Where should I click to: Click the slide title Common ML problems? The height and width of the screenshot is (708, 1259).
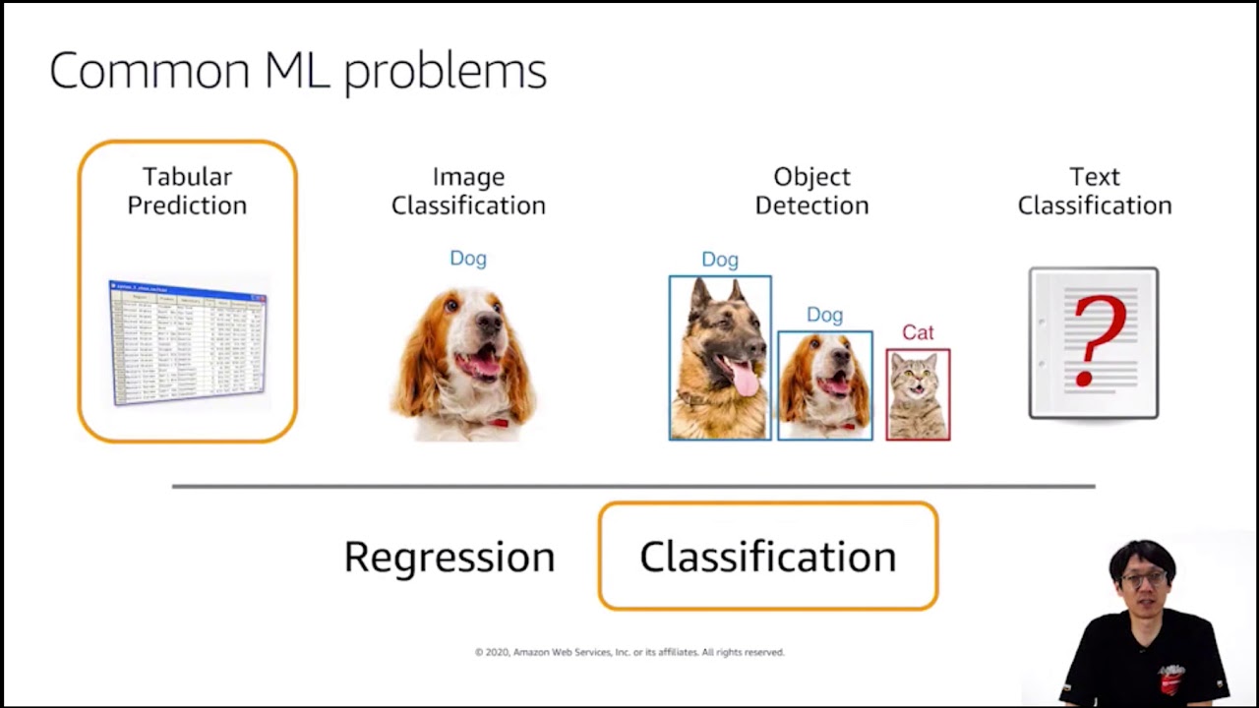(x=297, y=72)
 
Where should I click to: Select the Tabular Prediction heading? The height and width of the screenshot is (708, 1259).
(x=187, y=191)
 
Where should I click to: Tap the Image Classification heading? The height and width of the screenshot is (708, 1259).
(x=468, y=191)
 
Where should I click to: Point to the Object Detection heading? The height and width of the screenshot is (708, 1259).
(x=811, y=191)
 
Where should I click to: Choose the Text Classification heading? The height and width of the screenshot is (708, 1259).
(x=1094, y=191)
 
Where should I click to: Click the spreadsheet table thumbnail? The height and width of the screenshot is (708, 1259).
(x=187, y=342)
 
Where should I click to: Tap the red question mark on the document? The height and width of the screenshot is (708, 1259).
(x=1097, y=339)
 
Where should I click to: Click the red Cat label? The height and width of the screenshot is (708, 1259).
(x=918, y=332)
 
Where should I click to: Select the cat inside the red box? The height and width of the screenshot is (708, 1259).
(x=918, y=395)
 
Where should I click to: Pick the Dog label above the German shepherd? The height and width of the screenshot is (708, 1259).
(x=720, y=260)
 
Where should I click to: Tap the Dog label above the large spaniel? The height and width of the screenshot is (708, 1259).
(x=468, y=258)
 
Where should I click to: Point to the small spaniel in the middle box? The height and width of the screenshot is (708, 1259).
(x=824, y=385)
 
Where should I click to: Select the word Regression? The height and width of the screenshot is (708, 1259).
(x=450, y=557)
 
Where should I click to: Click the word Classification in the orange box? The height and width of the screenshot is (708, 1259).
(x=767, y=557)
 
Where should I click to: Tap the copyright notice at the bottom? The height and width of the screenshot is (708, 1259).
(x=629, y=652)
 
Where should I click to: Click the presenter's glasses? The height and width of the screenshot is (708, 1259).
(x=1143, y=578)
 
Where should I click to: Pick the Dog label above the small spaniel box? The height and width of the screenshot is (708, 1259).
(x=824, y=315)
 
